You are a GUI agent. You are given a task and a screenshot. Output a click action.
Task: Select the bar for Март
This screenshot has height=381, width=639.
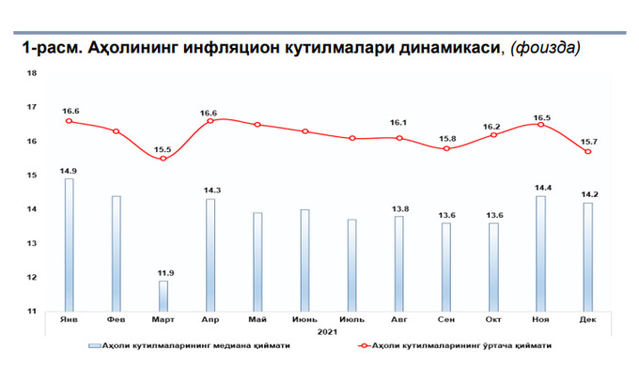click(x=163, y=296)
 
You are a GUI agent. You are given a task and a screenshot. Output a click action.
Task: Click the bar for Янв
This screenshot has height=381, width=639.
click(x=69, y=244)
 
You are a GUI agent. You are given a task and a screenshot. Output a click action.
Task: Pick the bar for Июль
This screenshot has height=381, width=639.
click(x=351, y=265)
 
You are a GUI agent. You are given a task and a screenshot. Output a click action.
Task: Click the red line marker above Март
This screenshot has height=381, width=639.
click(x=163, y=159)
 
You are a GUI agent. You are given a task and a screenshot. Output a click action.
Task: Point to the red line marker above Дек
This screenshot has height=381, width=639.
click(x=587, y=152)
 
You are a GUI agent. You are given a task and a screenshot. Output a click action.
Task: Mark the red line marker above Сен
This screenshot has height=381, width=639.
click(x=446, y=148)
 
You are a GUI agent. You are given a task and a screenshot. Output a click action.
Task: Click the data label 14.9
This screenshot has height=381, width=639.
click(x=69, y=170)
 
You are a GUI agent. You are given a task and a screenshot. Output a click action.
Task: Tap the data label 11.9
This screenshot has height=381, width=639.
click(x=163, y=272)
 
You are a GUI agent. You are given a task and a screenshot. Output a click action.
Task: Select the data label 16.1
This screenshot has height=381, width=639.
click(x=399, y=123)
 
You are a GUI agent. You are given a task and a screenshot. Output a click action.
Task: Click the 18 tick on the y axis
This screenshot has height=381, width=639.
click(x=33, y=73)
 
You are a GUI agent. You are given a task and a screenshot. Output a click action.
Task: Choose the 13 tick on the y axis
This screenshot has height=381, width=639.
click(x=33, y=243)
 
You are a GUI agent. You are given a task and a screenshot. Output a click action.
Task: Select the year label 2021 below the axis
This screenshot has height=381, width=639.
click(x=326, y=332)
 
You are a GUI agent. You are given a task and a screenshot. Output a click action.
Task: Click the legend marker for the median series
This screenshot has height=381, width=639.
click(x=94, y=346)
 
